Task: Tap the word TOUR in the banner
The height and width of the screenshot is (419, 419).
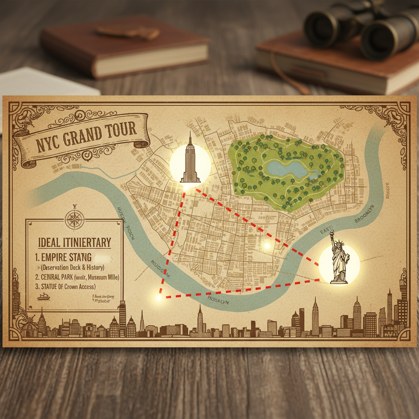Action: [x=121, y=130]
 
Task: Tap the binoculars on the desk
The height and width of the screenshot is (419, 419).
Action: [x=360, y=29]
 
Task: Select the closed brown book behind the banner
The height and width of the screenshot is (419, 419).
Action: [x=123, y=47]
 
